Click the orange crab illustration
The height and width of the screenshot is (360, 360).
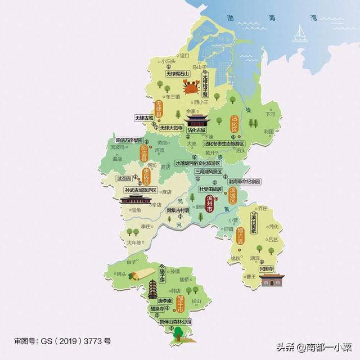[x=190, y=87]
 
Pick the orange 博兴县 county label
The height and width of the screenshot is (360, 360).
[x=241, y=234]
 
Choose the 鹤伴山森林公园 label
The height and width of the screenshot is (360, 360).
[x=175, y=322]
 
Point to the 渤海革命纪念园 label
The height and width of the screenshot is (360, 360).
[x=245, y=182]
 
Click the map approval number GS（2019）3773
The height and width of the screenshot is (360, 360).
[x=62, y=341]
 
